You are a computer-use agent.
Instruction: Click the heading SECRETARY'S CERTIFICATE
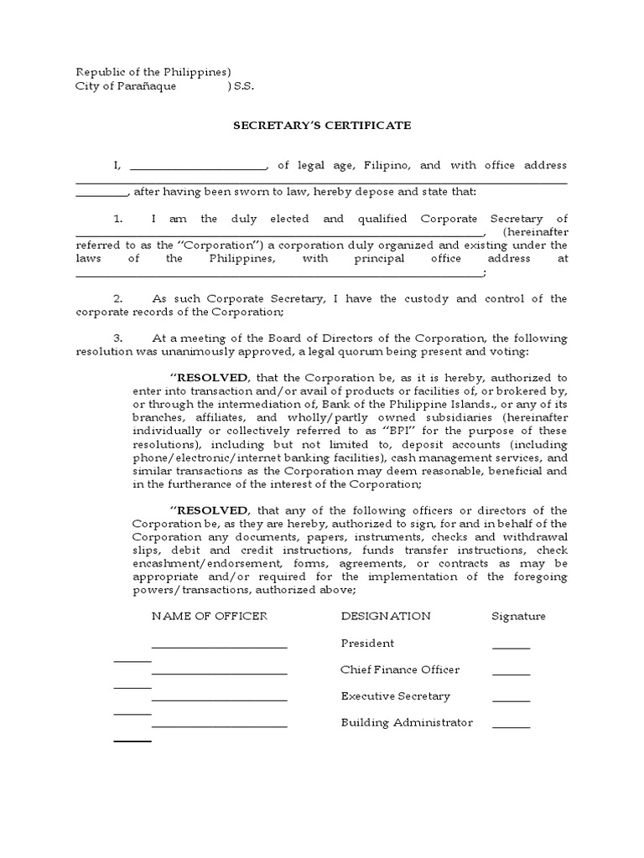tap(322, 125)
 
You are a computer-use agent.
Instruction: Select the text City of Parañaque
tap(126, 87)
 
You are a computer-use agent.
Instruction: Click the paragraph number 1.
tap(118, 219)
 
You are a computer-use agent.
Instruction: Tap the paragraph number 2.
tap(118, 298)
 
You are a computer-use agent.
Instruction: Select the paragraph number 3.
tap(118, 339)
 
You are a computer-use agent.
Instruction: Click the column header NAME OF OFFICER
tap(209, 616)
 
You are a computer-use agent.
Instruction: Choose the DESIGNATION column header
tap(386, 616)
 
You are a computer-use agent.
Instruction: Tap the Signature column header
tap(518, 616)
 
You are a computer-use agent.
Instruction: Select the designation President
tap(367, 643)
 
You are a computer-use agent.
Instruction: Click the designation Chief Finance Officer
tap(400, 670)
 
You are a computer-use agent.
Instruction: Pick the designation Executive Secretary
tap(396, 696)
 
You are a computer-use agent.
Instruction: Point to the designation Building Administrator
tap(407, 722)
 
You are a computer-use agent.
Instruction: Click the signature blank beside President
tap(511, 647)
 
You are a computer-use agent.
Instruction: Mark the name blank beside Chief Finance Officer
tap(219, 673)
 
